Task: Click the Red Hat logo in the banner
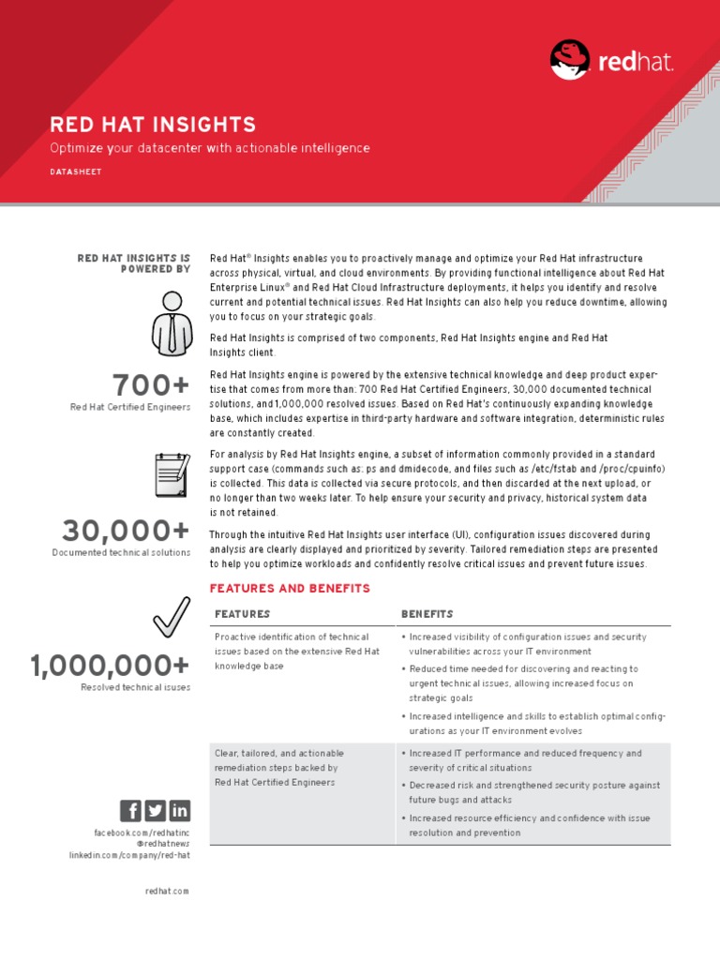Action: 611,61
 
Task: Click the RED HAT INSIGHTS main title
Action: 153,125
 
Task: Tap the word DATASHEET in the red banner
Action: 76,172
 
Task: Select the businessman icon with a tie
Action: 172,323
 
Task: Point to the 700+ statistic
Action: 151,385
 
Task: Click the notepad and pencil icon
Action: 171,474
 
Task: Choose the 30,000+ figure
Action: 126,531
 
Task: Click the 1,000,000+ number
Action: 110,666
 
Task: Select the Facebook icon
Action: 130,811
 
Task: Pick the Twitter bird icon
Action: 155,811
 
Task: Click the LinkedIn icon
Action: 179,811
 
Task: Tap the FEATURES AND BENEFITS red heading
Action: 290,589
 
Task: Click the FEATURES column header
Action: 242,614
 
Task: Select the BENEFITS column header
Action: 427,614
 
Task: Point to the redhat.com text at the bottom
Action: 167,891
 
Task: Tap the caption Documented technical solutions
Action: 121,553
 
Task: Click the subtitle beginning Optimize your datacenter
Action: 210,148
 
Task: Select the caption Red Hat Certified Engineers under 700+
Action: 130,408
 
